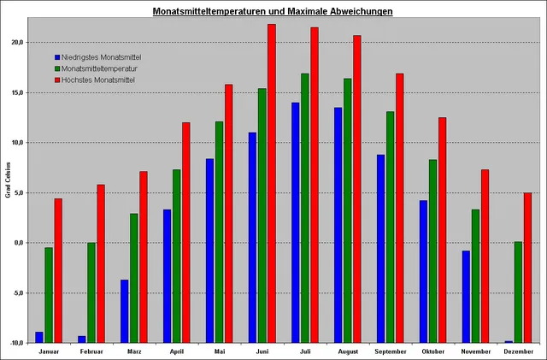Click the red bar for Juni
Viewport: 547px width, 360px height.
[272, 183]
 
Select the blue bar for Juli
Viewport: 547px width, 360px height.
[296, 222]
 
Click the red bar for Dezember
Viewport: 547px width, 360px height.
[527, 267]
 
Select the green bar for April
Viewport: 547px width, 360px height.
[177, 256]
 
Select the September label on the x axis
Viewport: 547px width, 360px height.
[391, 351]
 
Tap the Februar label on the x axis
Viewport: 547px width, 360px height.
[91, 351]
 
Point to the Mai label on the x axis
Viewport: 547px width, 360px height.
[220, 351]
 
